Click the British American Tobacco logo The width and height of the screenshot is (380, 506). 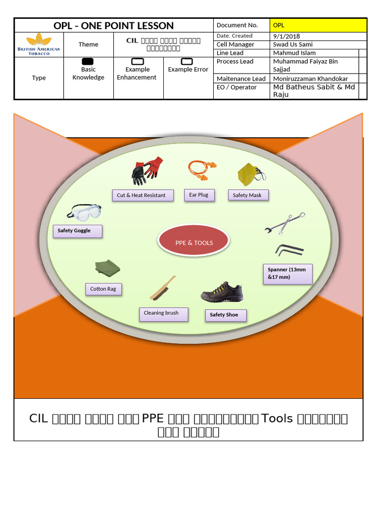coord(39,44)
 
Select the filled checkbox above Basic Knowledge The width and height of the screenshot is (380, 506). coord(88,61)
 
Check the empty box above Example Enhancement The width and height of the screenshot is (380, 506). coord(138,61)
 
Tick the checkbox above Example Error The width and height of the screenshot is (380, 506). coord(187,61)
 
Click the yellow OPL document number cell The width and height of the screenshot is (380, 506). coord(318,25)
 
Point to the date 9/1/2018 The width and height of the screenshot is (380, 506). coord(286,36)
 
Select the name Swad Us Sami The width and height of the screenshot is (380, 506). coord(292,44)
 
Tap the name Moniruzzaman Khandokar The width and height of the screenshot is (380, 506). coord(310,79)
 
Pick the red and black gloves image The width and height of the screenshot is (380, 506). coord(147,170)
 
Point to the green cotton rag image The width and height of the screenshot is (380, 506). coord(107,268)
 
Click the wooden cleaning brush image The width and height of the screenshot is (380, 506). coord(163,289)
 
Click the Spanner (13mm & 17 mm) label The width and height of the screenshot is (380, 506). coord(287,274)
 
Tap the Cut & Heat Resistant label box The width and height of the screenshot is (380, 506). coord(142,195)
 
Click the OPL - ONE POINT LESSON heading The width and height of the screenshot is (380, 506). coord(113,26)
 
